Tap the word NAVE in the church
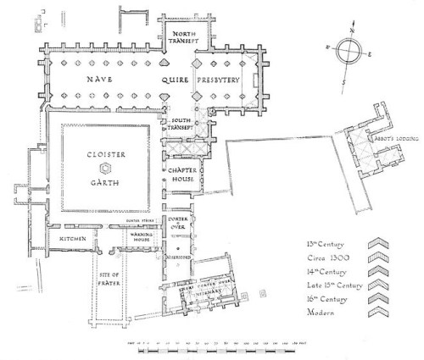[x=94, y=79]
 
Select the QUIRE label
[x=176, y=80]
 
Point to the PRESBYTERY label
[x=219, y=80]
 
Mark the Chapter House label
[x=180, y=174]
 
